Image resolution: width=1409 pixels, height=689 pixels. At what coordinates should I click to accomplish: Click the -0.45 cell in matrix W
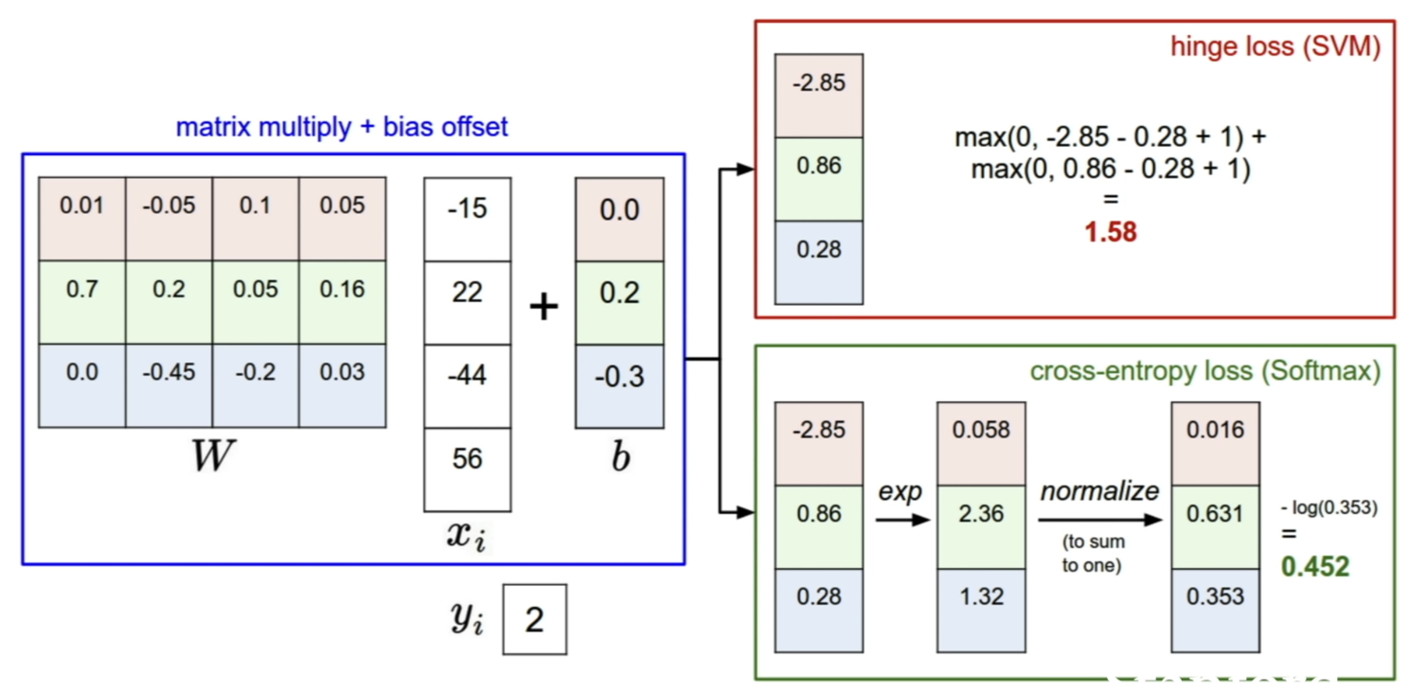169,385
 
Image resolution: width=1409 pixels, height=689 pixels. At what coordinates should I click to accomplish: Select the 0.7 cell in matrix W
82,302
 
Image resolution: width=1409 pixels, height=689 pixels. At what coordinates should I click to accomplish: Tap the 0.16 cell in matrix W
343,302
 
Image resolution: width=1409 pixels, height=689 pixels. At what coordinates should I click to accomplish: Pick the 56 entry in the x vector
468,469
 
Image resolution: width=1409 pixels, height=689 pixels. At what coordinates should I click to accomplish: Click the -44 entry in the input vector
468,386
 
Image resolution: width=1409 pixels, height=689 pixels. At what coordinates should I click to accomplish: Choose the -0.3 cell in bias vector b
619,386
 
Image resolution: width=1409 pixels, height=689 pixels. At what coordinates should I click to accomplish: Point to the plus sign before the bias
544,307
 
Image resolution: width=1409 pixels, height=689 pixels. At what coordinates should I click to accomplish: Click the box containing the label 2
535,619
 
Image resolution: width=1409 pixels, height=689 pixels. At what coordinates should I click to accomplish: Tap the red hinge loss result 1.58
1111,232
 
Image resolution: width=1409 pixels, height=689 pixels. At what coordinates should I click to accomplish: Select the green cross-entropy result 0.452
1315,566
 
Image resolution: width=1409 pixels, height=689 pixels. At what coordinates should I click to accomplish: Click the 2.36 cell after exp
981,527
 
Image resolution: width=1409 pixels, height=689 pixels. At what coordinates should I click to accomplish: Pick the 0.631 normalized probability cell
1215,527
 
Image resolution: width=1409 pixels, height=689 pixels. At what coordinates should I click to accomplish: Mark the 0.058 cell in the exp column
981,444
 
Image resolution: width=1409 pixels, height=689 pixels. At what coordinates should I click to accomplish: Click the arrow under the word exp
902,520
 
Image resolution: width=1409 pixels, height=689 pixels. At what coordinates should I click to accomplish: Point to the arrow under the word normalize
1100,520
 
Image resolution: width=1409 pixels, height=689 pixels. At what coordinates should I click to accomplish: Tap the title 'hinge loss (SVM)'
1275,46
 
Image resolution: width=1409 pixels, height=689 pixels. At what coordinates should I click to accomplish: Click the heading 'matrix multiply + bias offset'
342,127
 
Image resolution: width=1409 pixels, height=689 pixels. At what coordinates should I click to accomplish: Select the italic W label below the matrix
213,455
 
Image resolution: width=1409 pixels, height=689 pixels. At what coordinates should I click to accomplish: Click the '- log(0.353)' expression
1329,507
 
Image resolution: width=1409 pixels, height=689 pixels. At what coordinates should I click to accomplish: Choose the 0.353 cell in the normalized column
1215,610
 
